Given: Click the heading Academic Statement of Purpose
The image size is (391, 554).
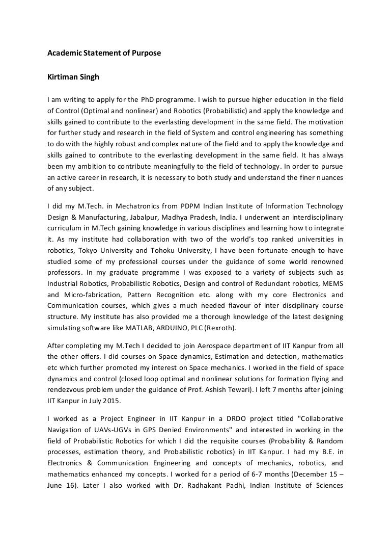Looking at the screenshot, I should [104, 52].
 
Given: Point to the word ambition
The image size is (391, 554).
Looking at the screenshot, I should [88, 167].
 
